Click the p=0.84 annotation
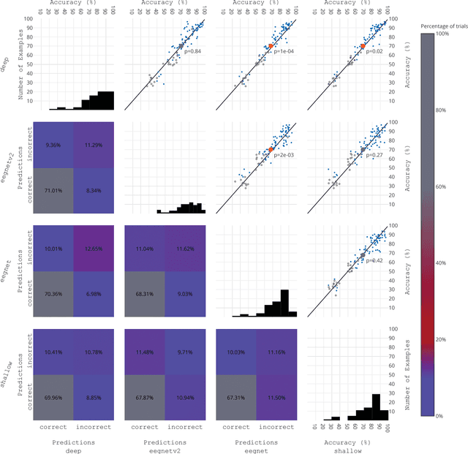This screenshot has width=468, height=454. point(192,51)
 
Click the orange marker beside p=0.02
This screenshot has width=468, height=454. point(363,46)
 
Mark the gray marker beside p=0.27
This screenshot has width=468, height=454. point(363,150)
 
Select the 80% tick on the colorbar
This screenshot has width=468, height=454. point(441,110)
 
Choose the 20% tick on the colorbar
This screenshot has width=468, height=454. point(441,339)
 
